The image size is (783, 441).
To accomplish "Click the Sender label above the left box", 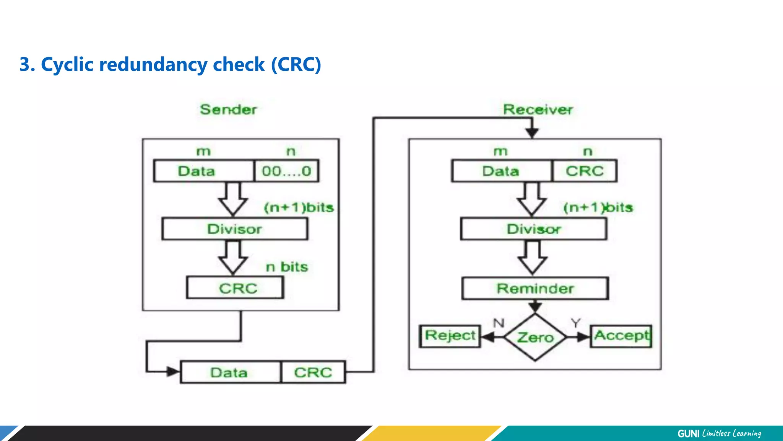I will [228, 109].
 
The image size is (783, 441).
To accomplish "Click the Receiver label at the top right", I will [538, 109].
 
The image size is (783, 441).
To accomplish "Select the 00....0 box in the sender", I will [286, 171].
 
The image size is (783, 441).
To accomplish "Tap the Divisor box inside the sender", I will [234, 229].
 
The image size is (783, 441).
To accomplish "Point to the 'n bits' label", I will [287, 267].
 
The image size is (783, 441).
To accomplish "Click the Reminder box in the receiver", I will [535, 288].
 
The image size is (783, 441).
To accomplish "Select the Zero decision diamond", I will [535, 337].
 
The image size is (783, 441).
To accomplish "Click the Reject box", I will [450, 336].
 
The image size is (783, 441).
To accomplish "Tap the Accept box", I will [621, 336].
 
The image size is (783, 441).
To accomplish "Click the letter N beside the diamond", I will [499, 323].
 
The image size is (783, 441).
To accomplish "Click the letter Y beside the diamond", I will [575, 323].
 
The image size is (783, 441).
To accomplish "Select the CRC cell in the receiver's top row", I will [585, 171].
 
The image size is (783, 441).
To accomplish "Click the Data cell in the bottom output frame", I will [229, 372].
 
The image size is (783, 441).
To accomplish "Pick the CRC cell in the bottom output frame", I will [313, 372].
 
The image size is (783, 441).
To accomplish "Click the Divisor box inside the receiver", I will [534, 229].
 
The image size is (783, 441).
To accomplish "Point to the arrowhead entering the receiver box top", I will [532, 133].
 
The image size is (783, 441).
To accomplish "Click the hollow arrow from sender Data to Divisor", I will [233, 199].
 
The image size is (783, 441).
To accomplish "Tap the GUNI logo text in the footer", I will [688, 433].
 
